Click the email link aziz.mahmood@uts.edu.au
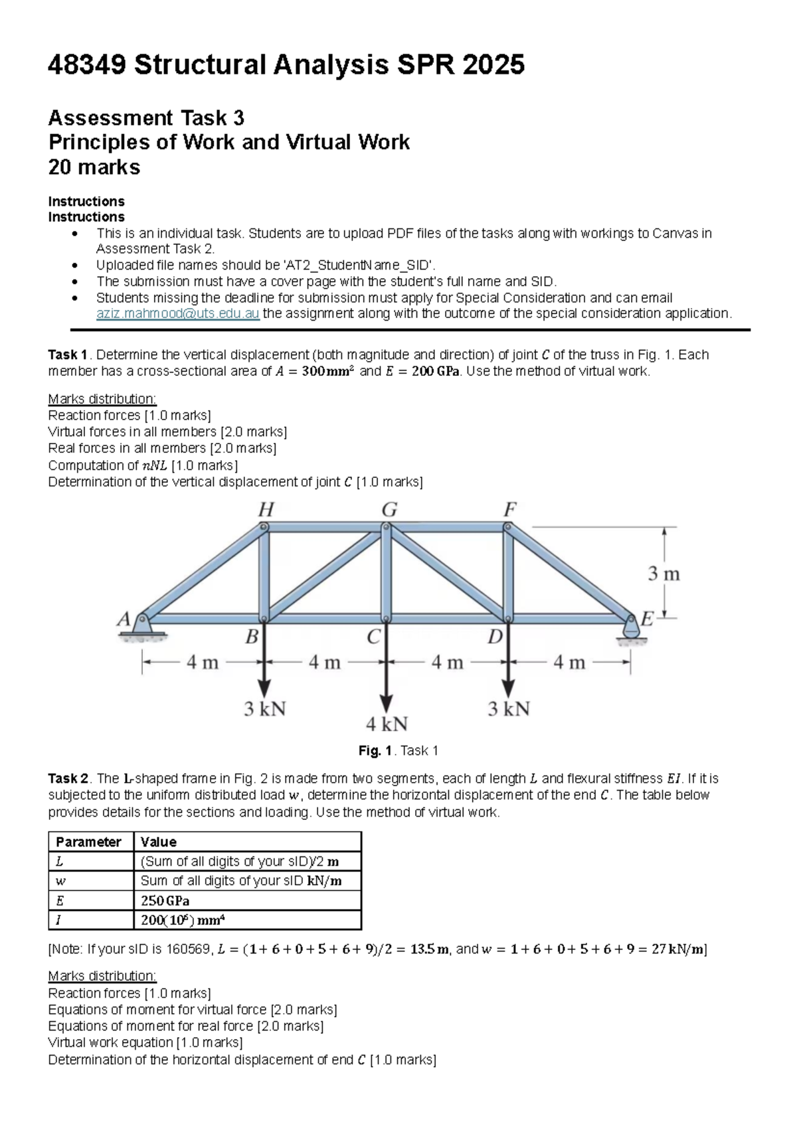pos(177,314)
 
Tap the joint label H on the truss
pos(266,510)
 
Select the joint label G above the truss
pos(389,510)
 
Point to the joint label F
pos(509,510)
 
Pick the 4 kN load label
pos(387,724)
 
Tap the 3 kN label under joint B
pos(264,709)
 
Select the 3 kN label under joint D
pos(509,709)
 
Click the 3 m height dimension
pos(664,574)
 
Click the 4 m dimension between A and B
pos(203,662)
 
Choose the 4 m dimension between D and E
pos(569,662)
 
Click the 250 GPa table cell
pos(165,901)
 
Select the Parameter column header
pos(88,842)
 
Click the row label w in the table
pos(60,881)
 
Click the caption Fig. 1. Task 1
pos(398,751)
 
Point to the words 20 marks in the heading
pos(94,167)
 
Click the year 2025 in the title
pos(493,65)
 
